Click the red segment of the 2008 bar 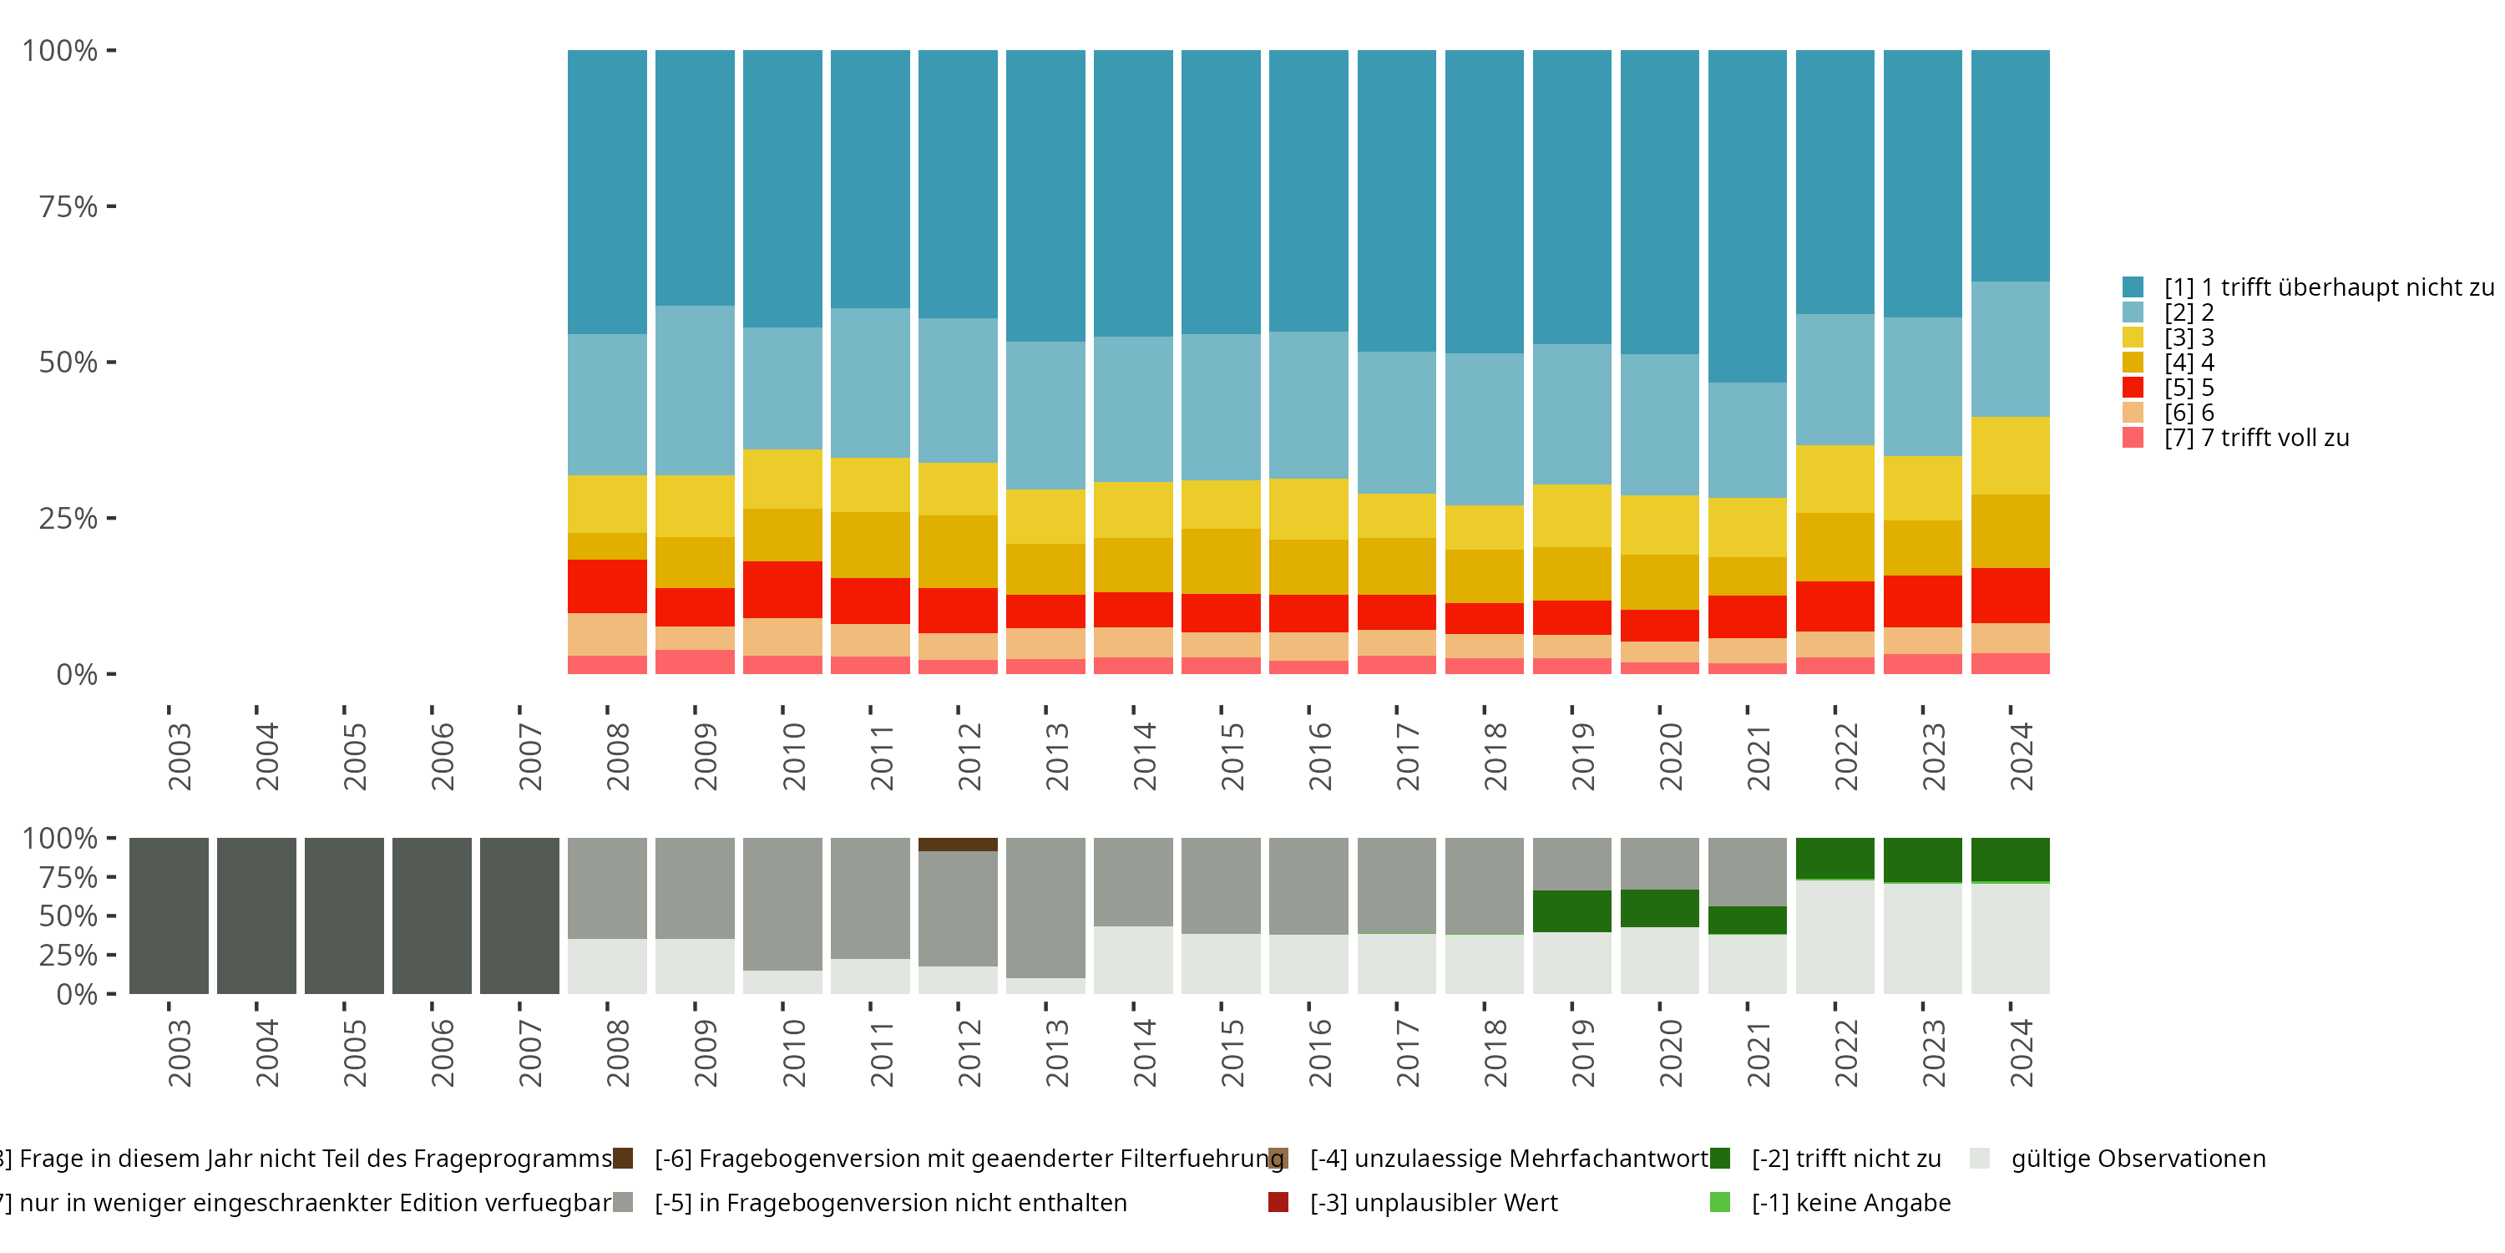pos(607,586)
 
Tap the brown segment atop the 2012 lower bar pos(958,845)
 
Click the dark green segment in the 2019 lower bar pos(1571,911)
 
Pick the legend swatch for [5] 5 pos(2133,388)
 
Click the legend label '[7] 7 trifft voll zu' pos(2256,438)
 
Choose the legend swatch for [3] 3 pos(2133,337)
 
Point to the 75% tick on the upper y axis pos(111,206)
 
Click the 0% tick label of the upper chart pos(77,674)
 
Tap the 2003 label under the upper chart pos(180,756)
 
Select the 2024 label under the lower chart pos(2021,1053)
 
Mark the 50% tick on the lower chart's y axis pos(111,916)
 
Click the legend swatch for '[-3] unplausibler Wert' pos(1278,1202)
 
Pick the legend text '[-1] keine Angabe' pos(1850,1202)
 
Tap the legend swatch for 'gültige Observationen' pos(1979,1159)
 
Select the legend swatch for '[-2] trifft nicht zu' pos(1719,1159)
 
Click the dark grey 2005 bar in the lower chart pos(344,916)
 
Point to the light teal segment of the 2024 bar pos(2010,348)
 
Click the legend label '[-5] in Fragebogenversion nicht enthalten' pos(890,1202)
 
